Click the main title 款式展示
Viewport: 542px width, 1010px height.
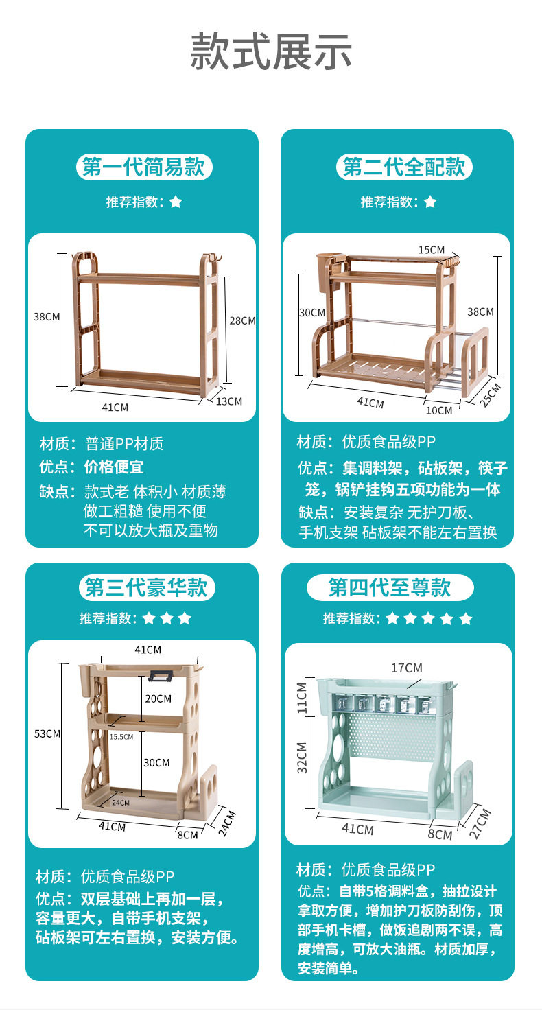271,51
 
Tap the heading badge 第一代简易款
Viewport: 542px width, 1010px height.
144,167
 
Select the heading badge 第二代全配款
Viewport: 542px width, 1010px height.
404,167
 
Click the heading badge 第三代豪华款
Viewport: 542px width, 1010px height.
147,587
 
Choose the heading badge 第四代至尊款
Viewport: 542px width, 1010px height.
390,587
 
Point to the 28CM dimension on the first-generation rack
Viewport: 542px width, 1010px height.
242,320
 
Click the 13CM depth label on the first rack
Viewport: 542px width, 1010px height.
228,401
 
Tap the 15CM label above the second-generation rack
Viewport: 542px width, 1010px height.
432,250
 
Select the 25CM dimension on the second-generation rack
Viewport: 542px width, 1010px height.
490,395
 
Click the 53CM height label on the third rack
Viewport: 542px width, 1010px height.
47,733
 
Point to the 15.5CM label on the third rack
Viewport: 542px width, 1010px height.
121,736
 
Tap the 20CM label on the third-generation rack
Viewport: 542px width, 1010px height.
158,698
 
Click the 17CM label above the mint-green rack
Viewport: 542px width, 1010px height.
407,668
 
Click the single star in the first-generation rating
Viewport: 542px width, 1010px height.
176,202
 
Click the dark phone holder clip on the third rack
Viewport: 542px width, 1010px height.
161,676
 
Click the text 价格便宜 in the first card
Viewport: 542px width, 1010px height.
114,467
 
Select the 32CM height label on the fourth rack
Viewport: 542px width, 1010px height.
302,757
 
